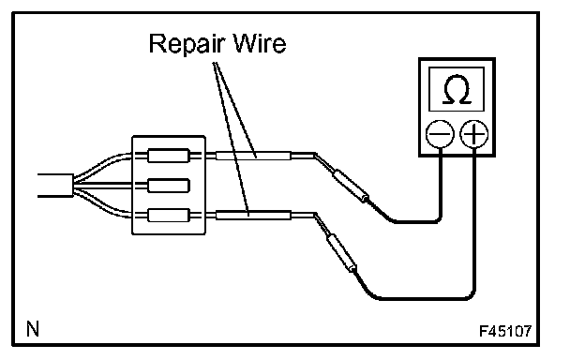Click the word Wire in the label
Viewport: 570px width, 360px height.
click(x=260, y=43)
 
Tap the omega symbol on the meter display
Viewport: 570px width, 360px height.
click(x=457, y=89)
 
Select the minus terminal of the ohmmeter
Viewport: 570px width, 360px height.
click(x=440, y=134)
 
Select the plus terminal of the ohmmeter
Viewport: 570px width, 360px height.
click(x=474, y=134)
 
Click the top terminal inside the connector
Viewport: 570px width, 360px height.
click(x=169, y=156)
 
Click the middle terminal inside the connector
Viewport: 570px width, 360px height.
click(x=169, y=186)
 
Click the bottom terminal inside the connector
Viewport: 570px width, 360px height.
click(x=169, y=216)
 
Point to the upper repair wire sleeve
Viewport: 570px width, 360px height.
click(x=253, y=156)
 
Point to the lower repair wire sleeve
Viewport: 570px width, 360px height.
click(x=253, y=216)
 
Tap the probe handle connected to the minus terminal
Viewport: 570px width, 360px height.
click(x=351, y=186)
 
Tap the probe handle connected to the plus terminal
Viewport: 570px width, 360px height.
click(x=341, y=253)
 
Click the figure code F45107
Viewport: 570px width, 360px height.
click(x=505, y=331)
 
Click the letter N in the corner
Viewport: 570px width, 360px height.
click(x=33, y=329)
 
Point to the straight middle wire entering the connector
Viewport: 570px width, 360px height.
click(x=103, y=186)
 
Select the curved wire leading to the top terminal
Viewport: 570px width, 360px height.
click(x=103, y=165)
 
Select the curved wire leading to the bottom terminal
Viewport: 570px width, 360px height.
click(x=103, y=205)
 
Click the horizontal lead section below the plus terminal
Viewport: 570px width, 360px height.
click(x=426, y=298)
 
